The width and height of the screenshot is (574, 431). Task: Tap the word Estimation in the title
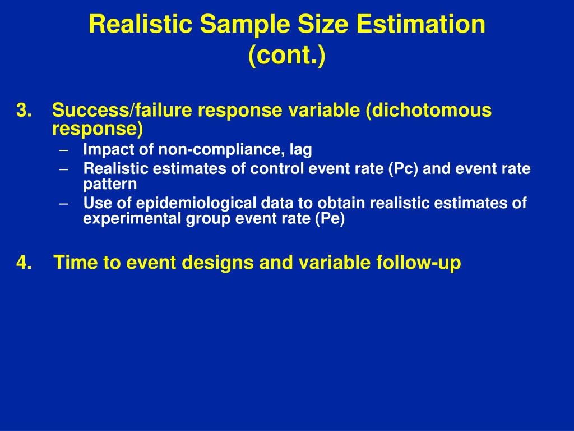(x=421, y=24)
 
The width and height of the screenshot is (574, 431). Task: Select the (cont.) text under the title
(x=286, y=55)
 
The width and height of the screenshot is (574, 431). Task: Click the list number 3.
(x=24, y=111)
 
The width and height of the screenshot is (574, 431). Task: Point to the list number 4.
(x=24, y=263)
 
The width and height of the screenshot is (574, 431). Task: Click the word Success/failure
(x=122, y=110)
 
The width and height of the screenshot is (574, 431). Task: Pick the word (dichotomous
(x=428, y=110)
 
